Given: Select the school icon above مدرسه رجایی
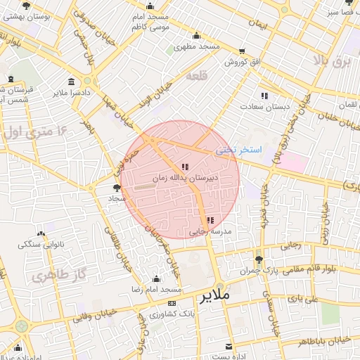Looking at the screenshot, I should [211, 220].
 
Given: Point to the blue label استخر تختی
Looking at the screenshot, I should [238, 150].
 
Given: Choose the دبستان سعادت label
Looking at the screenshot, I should [264, 106].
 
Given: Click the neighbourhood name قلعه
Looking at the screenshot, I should [195, 75].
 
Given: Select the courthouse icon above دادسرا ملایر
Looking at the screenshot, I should [72, 81].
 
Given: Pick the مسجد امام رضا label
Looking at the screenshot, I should [157, 290].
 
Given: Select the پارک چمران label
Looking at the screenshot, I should [256, 271].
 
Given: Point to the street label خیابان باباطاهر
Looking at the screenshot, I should [327, 340].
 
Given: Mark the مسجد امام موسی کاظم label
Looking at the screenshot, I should [150, 21].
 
